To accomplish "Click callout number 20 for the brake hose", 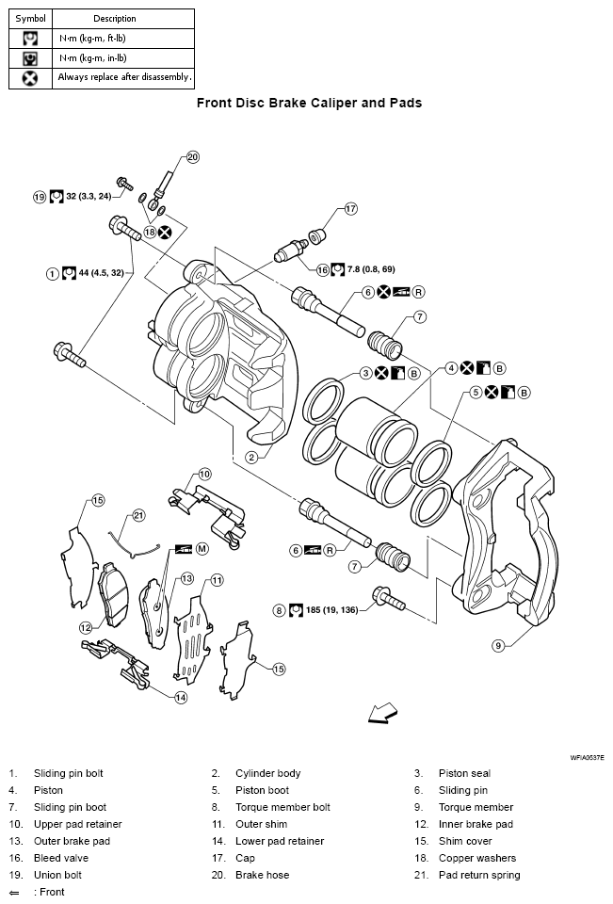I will [x=192, y=157].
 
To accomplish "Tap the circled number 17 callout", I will [x=350, y=209].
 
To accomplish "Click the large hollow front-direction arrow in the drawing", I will [x=381, y=714].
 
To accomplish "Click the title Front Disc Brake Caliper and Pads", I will [x=309, y=103].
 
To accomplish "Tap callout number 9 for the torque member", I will [x=498, y=645].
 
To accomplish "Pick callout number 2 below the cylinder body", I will [x=251, y=457].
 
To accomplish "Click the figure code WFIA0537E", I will [x=587, y=756].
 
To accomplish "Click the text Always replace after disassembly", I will [x=124, y=77].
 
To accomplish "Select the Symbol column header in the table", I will [x=30, y=18].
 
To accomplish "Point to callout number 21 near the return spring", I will [x=138, y=515].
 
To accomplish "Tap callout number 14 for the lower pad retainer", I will [x=180, y=697].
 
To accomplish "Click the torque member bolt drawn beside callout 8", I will [x=388, y=597].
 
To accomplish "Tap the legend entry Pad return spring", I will [x=478, y=875].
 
